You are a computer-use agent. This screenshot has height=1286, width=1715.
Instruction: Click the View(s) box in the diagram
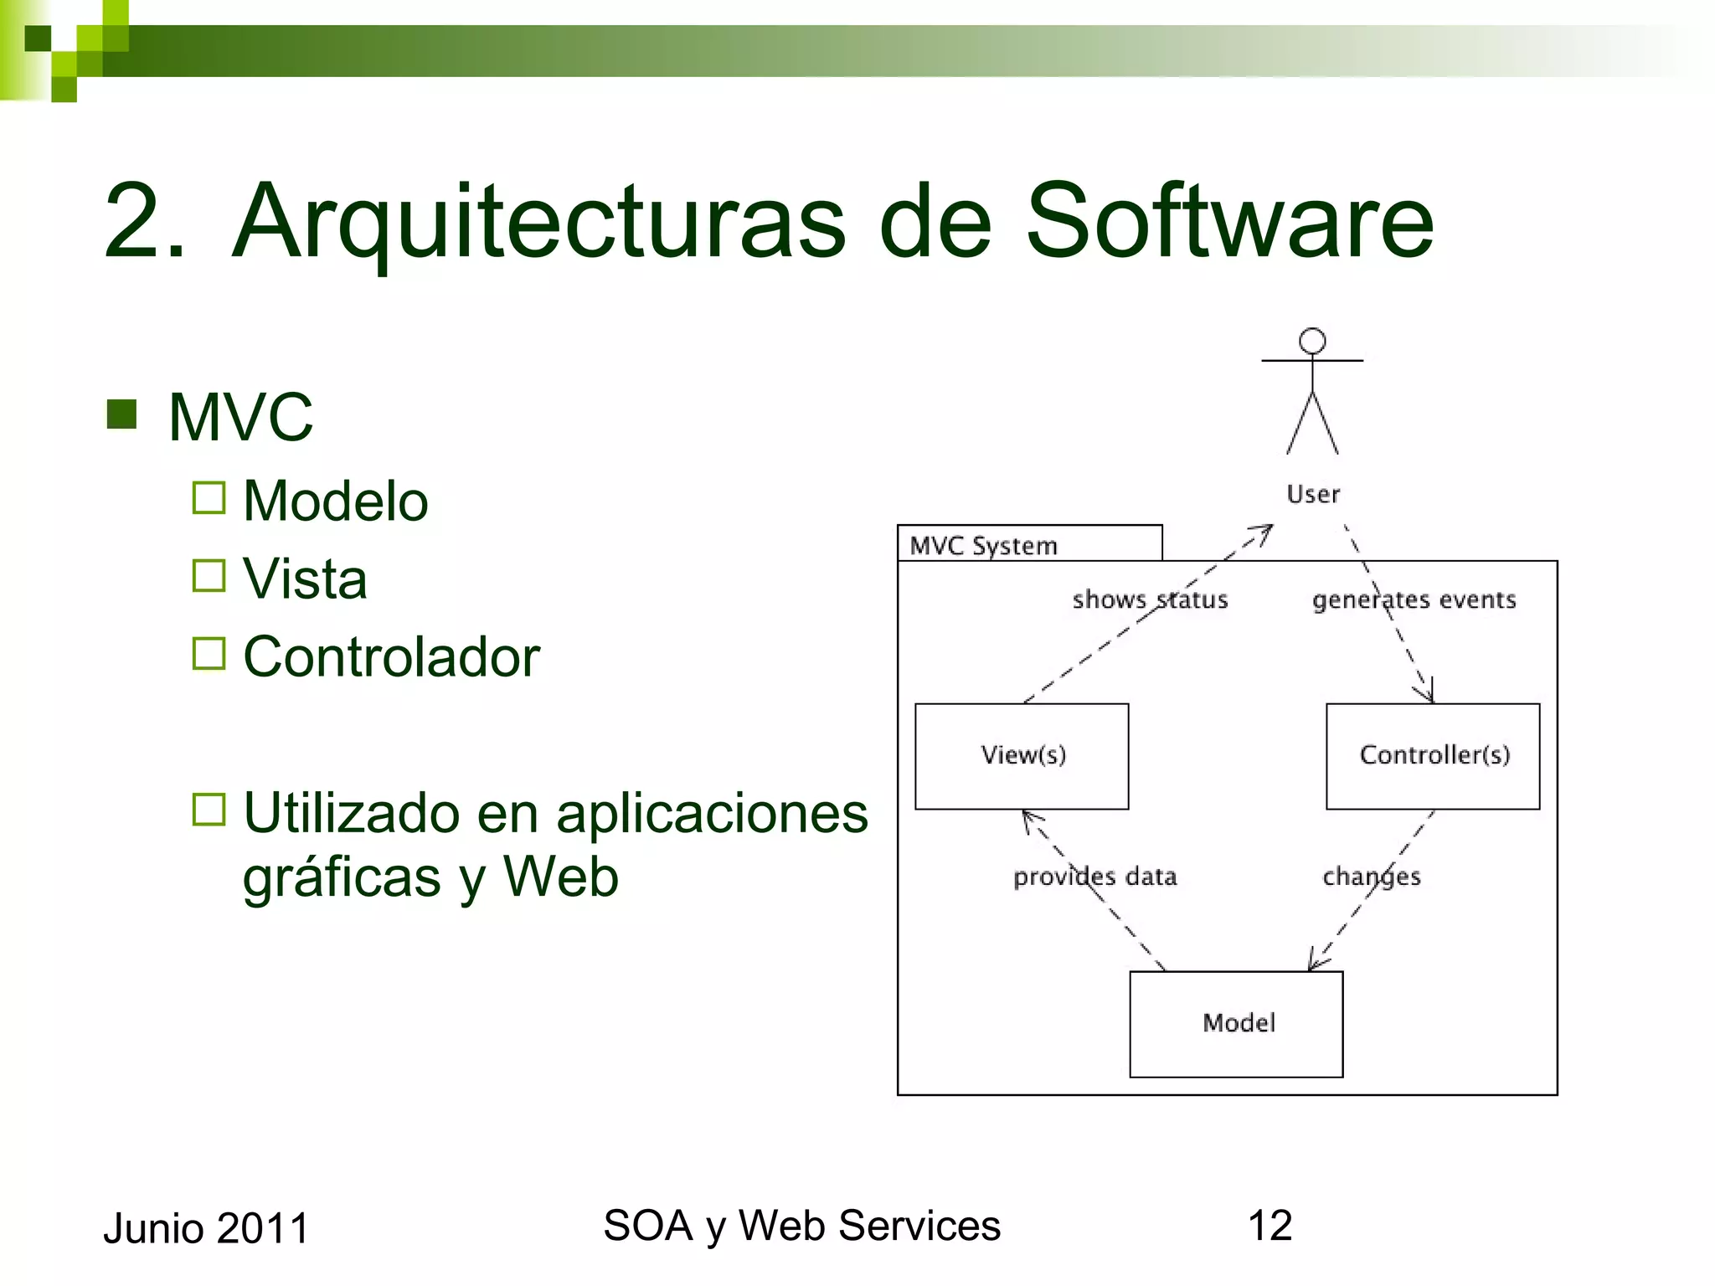tap(1022, 756)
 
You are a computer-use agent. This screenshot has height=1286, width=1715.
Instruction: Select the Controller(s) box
tap(1433, 756)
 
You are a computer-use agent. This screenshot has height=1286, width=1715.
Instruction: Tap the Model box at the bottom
tap(1236, 1023)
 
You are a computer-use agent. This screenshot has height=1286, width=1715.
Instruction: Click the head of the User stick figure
tap(1312, 342)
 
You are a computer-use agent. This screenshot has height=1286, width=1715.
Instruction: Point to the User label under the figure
tap(1313, 494)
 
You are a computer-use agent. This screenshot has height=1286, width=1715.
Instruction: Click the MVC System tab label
tap(984, 546)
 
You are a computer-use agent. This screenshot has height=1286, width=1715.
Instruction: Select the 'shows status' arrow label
tap(1150, 599)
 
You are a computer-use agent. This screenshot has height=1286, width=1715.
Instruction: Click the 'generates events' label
tap(1414, 599)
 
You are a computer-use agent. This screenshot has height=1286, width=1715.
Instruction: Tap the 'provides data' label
tap(1095, 877)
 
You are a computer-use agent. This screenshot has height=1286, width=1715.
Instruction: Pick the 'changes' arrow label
tap(1372, 877)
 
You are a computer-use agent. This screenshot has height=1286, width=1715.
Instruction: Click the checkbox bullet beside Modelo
tap(209, 498)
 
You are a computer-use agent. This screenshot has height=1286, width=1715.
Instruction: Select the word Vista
tap(305, 579)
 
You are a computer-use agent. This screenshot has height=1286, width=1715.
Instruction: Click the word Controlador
tap(391, 656)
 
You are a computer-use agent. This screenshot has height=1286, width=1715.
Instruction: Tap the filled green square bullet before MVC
tap(122, 414)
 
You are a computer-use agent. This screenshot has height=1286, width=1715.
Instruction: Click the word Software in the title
tap(1229, 221)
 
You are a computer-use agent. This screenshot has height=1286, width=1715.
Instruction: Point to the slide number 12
tap(1270, 1226)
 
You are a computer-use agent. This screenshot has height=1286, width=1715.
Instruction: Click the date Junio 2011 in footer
tap(206, 1228)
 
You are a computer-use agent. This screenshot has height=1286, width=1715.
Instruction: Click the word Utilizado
tap(352, 813)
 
